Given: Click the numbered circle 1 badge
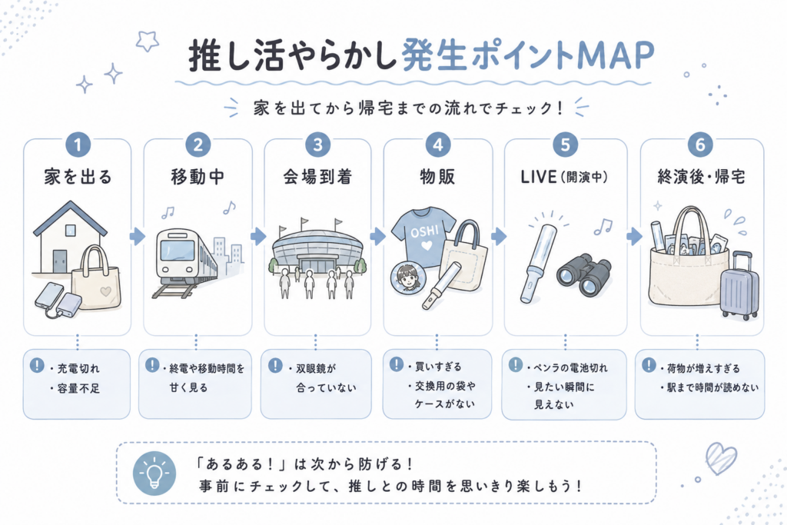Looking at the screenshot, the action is coord(78,145).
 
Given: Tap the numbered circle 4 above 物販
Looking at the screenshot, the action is coord(437,145).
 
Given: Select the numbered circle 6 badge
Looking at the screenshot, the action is coord(701,145).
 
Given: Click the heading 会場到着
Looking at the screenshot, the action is coord(317,177).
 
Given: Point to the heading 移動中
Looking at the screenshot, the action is coord(198,177).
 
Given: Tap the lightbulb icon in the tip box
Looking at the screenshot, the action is coord(154,473).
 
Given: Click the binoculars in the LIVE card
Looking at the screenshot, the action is coord(584,274).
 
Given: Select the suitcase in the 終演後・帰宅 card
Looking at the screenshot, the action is coord(740,285).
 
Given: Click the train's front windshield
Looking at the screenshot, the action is coord(177,250).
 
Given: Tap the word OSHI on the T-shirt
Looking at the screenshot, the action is coord(424,232).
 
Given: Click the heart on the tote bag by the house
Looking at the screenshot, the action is coord(105,291).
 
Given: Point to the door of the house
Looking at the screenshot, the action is coord(60,261).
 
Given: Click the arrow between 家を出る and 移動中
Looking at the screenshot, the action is coord(137,236).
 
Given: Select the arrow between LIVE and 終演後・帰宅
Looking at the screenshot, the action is coord(634,236).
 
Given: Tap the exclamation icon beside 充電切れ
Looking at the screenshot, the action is coord(37,365).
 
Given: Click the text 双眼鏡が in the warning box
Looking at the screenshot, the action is coord(315,369).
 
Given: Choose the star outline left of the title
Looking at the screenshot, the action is coord(147,41).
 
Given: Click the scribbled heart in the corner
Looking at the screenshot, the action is coord(721,458).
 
